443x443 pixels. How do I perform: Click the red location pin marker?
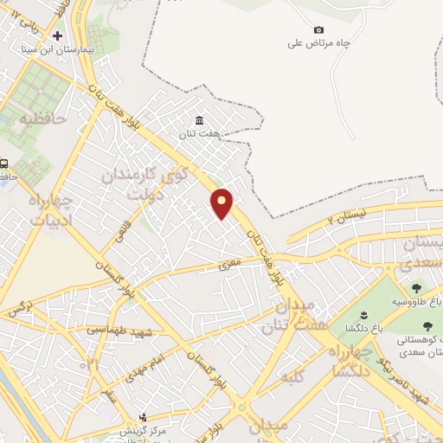coord(222,202)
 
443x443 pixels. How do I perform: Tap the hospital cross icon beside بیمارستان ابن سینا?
coord(58,36)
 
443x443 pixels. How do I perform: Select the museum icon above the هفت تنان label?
coord(200,119)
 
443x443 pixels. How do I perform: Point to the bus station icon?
coord(4,163)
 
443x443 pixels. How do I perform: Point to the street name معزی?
coord(228,265)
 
